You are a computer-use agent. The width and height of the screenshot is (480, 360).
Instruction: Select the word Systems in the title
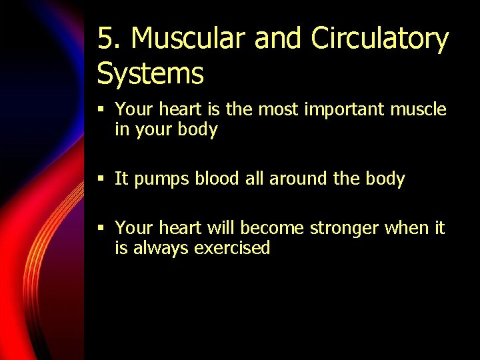(150, 73)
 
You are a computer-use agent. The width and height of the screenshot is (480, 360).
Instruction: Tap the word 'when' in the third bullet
(406, 228)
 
